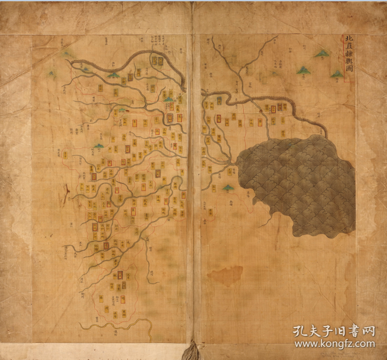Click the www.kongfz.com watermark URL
tap(334, 344)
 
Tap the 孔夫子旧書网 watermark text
tap(334, 331)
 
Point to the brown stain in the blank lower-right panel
tap(226, 276)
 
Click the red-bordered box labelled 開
tap(120, 274)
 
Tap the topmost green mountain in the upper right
tap(321, 54)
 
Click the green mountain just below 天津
tap(227, 188)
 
